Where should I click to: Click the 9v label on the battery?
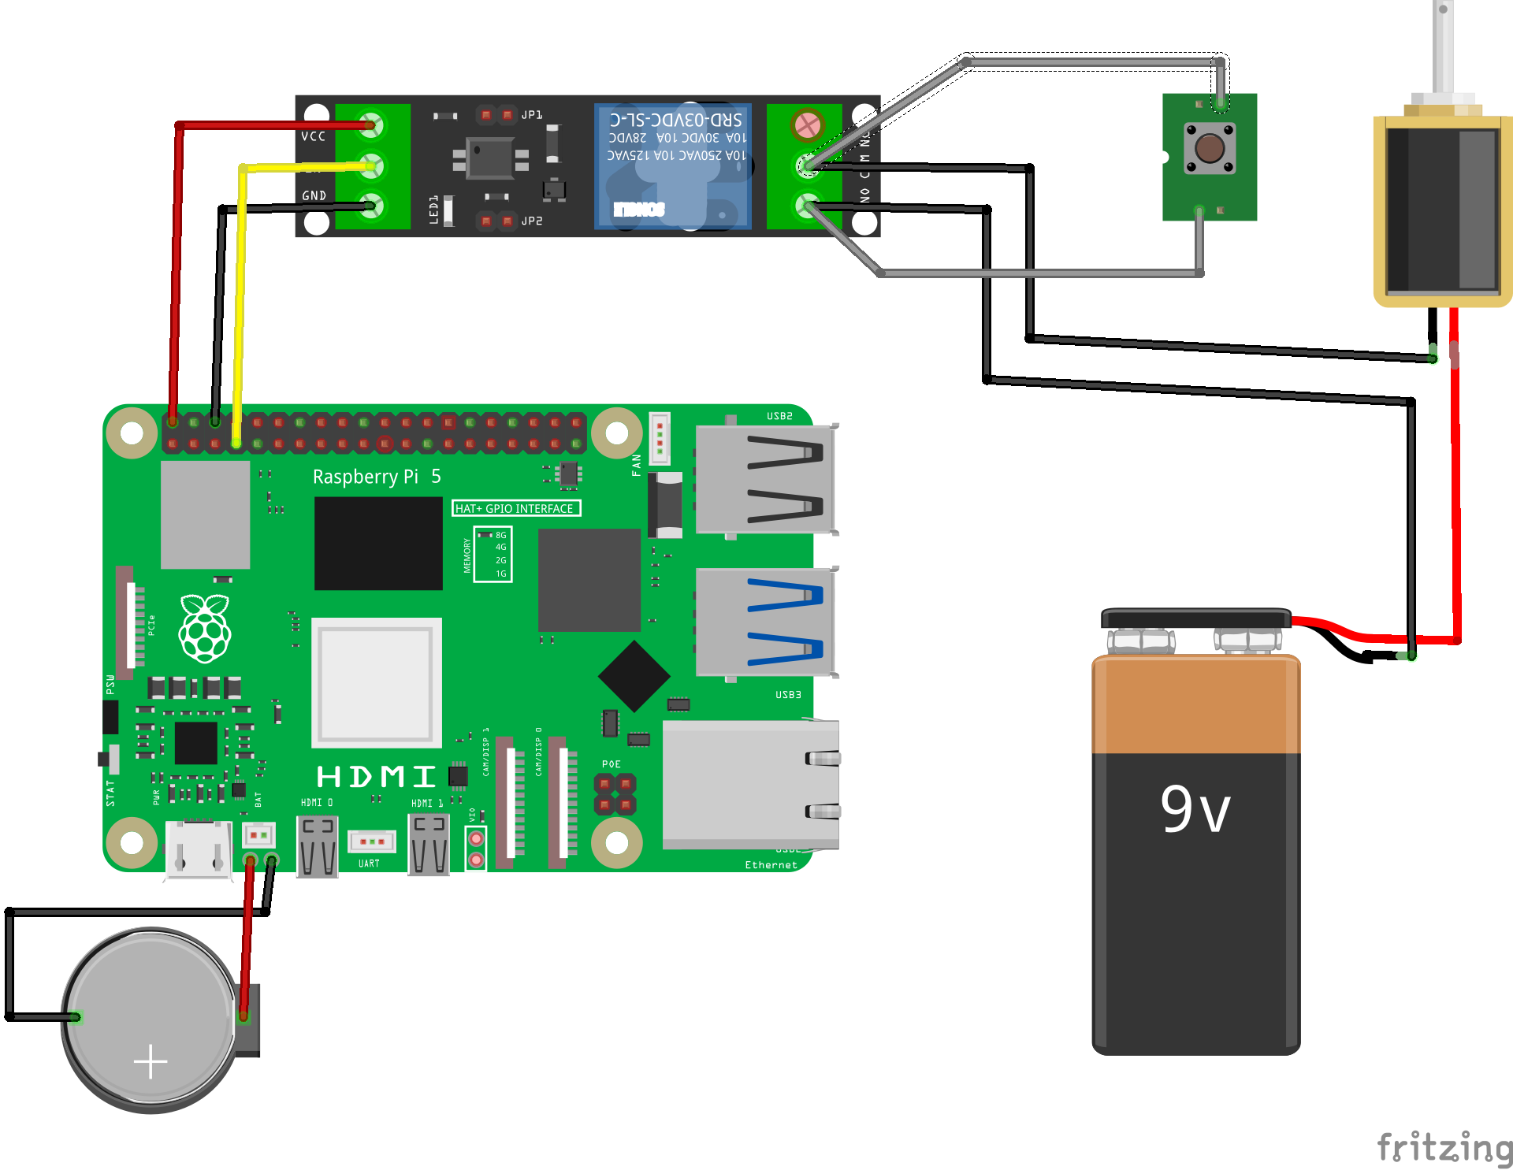(x=1195, y=809)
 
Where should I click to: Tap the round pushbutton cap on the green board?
(x=1210, y=147)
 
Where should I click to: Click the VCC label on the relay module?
(x=313, y=136)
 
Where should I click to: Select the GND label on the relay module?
(x=314, y=195)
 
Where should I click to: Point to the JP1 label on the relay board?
(x=532, y=115)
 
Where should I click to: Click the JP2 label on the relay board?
(x=532, y=221)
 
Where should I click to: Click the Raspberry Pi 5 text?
(x=376, y=477)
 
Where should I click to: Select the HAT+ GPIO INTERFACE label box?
(x=515, y=508)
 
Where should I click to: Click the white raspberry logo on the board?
(x=205, y=628)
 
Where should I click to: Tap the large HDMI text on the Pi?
(x=376, y=777)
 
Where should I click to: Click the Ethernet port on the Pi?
(x=749, y=784)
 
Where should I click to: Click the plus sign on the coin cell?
(x=151, y=1061)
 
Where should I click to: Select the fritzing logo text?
(x=1444, y=1147)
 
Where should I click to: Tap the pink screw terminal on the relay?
(x=807, y=124)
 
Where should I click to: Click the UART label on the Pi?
(x=369, y=864)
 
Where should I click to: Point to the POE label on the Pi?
(x=611, y=764)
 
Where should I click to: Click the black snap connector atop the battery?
(x=1195, y=618)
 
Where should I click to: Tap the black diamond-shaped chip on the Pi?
(x=634, y=676)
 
